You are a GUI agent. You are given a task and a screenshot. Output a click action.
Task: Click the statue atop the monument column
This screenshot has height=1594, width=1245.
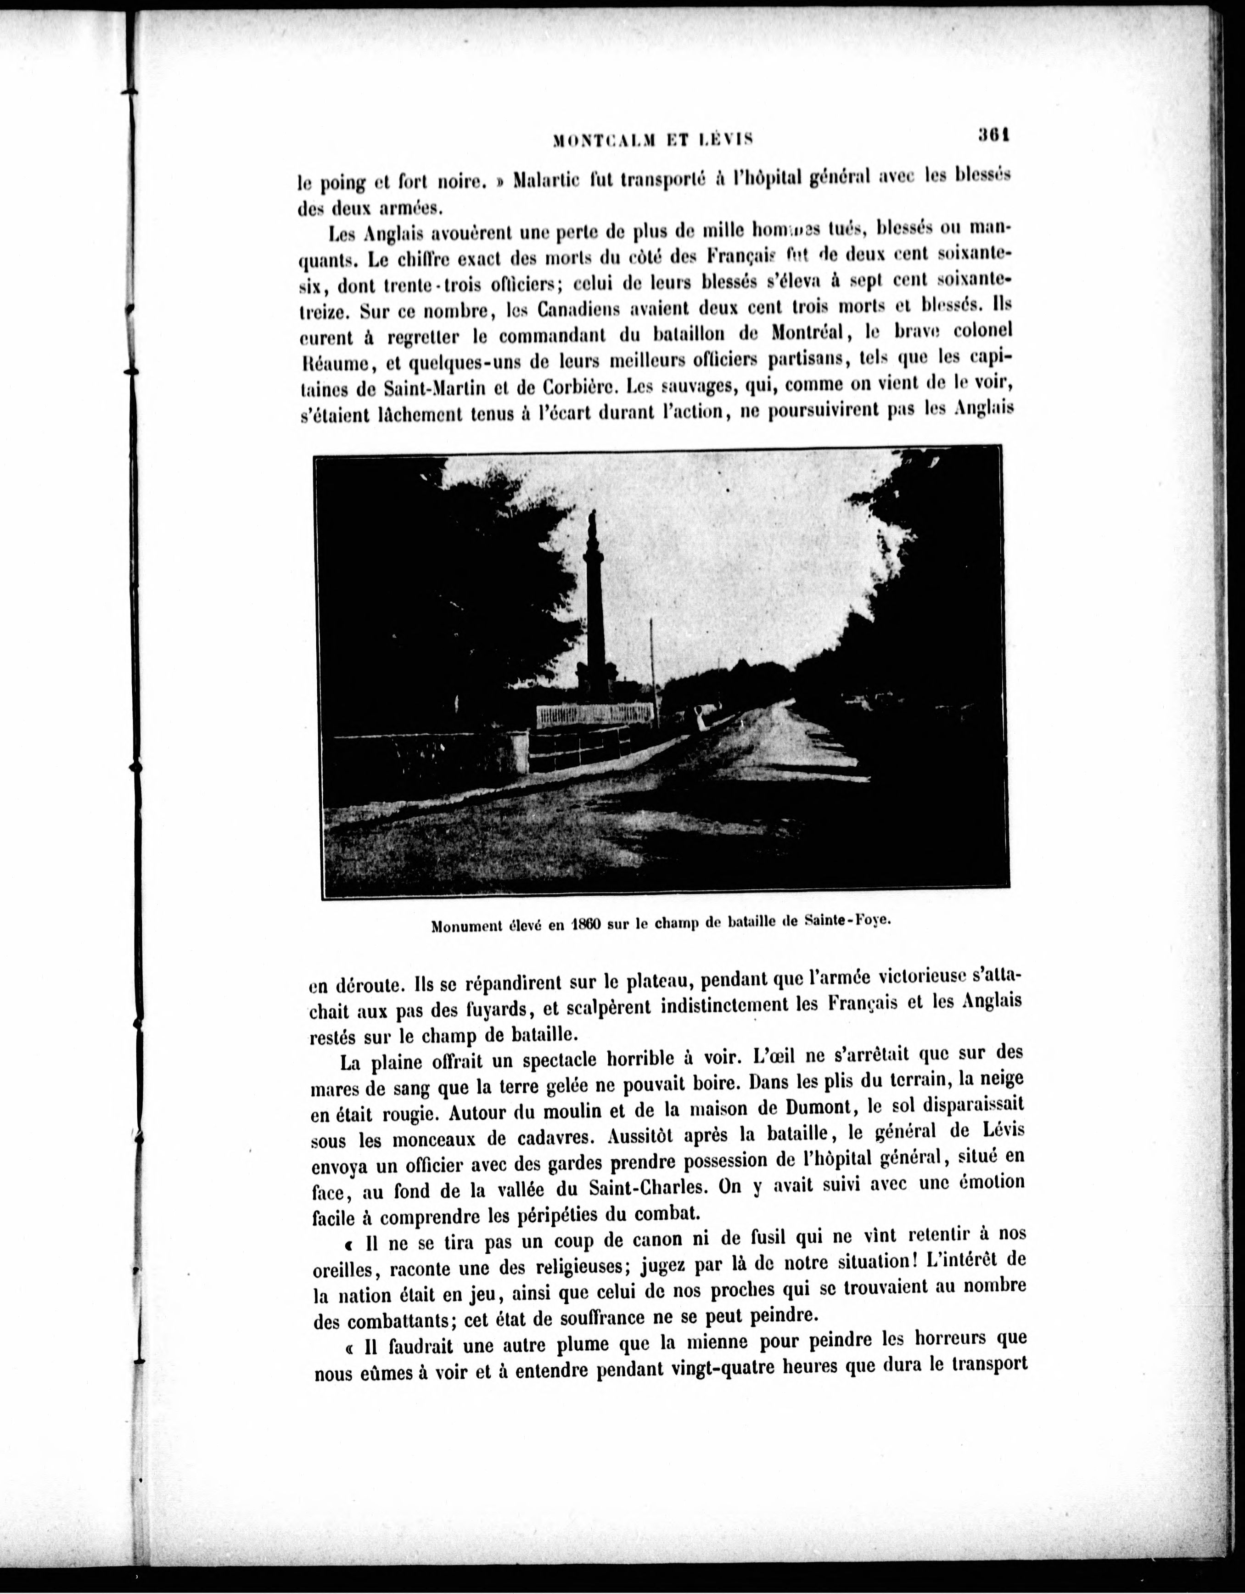[593, 524]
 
